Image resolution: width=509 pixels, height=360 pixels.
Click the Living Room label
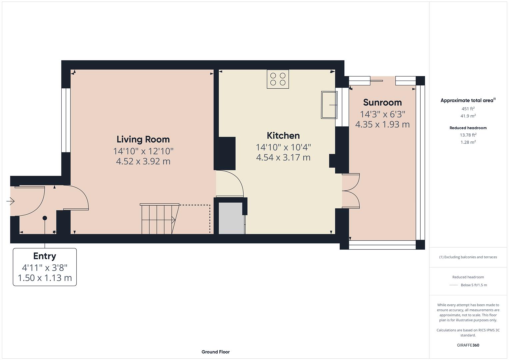tap(143, 139)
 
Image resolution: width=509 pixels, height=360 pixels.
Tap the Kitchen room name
tap(283, 136)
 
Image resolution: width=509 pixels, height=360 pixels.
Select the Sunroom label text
tap(382, 102)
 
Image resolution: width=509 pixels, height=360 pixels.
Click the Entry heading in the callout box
tap(45, 256)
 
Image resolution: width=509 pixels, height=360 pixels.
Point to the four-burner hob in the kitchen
tap(278, 79)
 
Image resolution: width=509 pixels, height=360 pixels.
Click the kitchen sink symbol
tap(329, 105)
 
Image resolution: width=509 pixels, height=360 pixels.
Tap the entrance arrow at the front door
tap(11, 201)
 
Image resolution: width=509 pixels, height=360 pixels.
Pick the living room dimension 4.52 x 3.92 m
tap(143, 162)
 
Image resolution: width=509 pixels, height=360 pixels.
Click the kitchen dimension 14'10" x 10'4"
tap(283, 147)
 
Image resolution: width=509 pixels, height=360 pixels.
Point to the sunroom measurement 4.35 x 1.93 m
tap(382, 125)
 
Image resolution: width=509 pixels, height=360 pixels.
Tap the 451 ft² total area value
tap(468, 109)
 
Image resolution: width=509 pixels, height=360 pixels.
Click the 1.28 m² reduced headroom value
tap(468, 142)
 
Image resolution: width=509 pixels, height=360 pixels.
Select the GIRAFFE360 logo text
tap(468, 345)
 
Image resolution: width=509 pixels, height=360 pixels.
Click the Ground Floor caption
tap(215, 352)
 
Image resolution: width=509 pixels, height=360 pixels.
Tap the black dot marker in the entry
tap(45, 218)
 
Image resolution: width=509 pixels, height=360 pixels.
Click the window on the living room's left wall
tap(66, 120)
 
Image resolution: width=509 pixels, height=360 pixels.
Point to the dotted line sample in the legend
tap(454, 285)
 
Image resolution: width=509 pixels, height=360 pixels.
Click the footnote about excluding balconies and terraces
tap(468, 257)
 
